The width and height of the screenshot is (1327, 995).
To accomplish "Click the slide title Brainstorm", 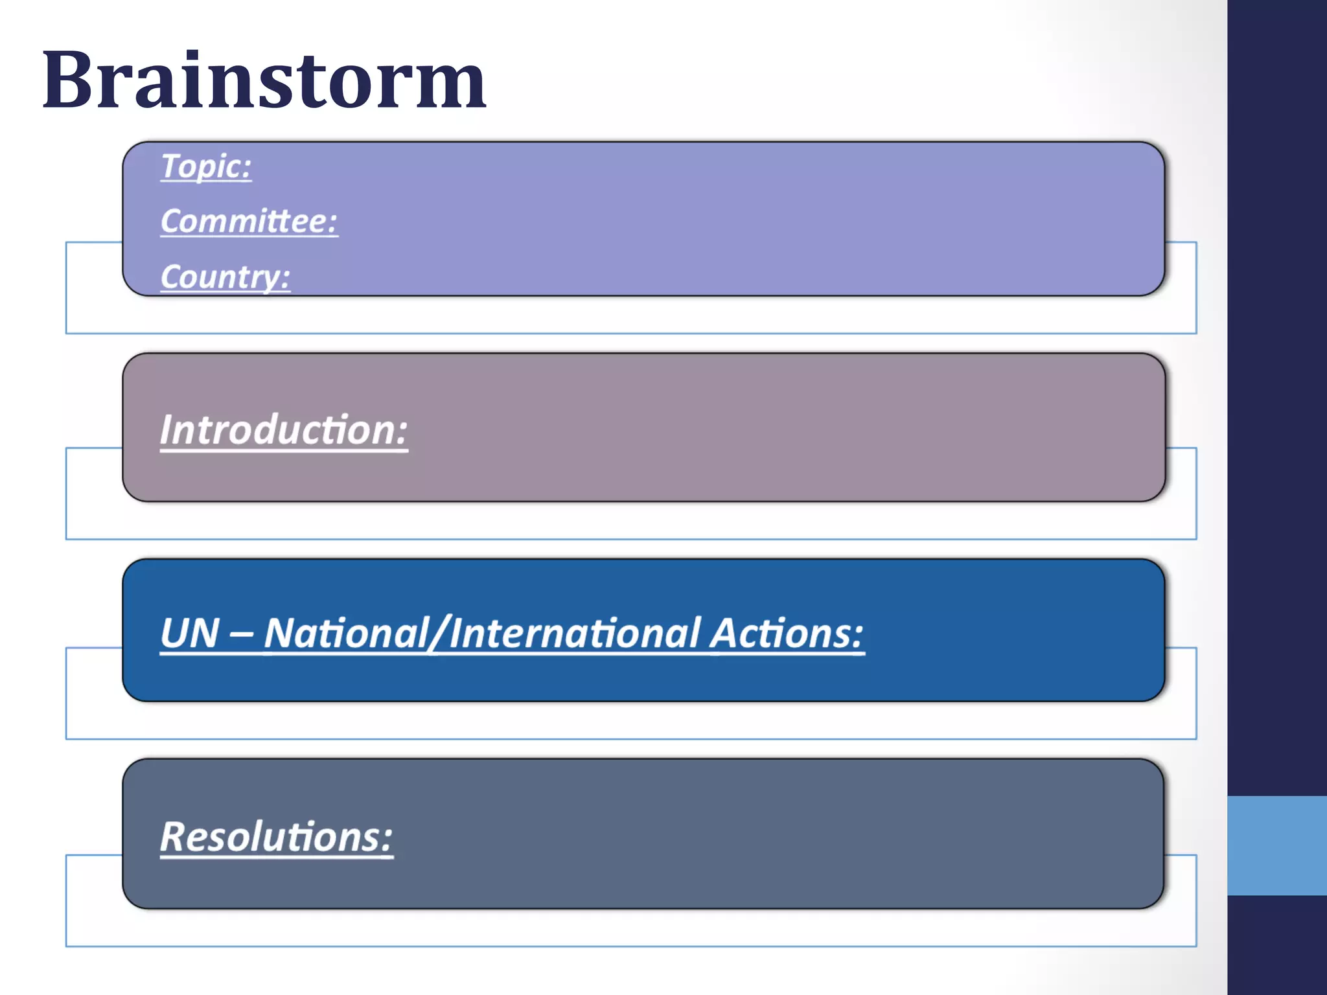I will pyautogui.click(x=264, y=81).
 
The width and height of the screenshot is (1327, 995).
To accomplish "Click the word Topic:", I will pyautogui.click(x=206, y=166).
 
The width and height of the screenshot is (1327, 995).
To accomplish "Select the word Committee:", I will pyautogui.click(x=249, y=222).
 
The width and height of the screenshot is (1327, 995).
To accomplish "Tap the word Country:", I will pyautogui.click(x=225, y=277).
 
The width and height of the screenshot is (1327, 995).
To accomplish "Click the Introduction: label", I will pyautogui.click(x=284, y=430).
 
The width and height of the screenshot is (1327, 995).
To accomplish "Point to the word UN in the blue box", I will pyautogui.click(x=189, y=634).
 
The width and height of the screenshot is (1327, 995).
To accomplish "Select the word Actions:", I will pyautogui.click(x=787, y=634).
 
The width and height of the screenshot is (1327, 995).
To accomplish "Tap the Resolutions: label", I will pyautogui.click(x=276, y=837).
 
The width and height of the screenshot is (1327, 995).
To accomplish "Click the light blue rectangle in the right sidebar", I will pyautogui.click(x=1276, y=845).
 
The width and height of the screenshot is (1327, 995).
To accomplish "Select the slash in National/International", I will pyautogui.click(x=439, y=634).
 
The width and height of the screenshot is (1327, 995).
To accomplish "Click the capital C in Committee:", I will pyautogui.click(x=172, y=222).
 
